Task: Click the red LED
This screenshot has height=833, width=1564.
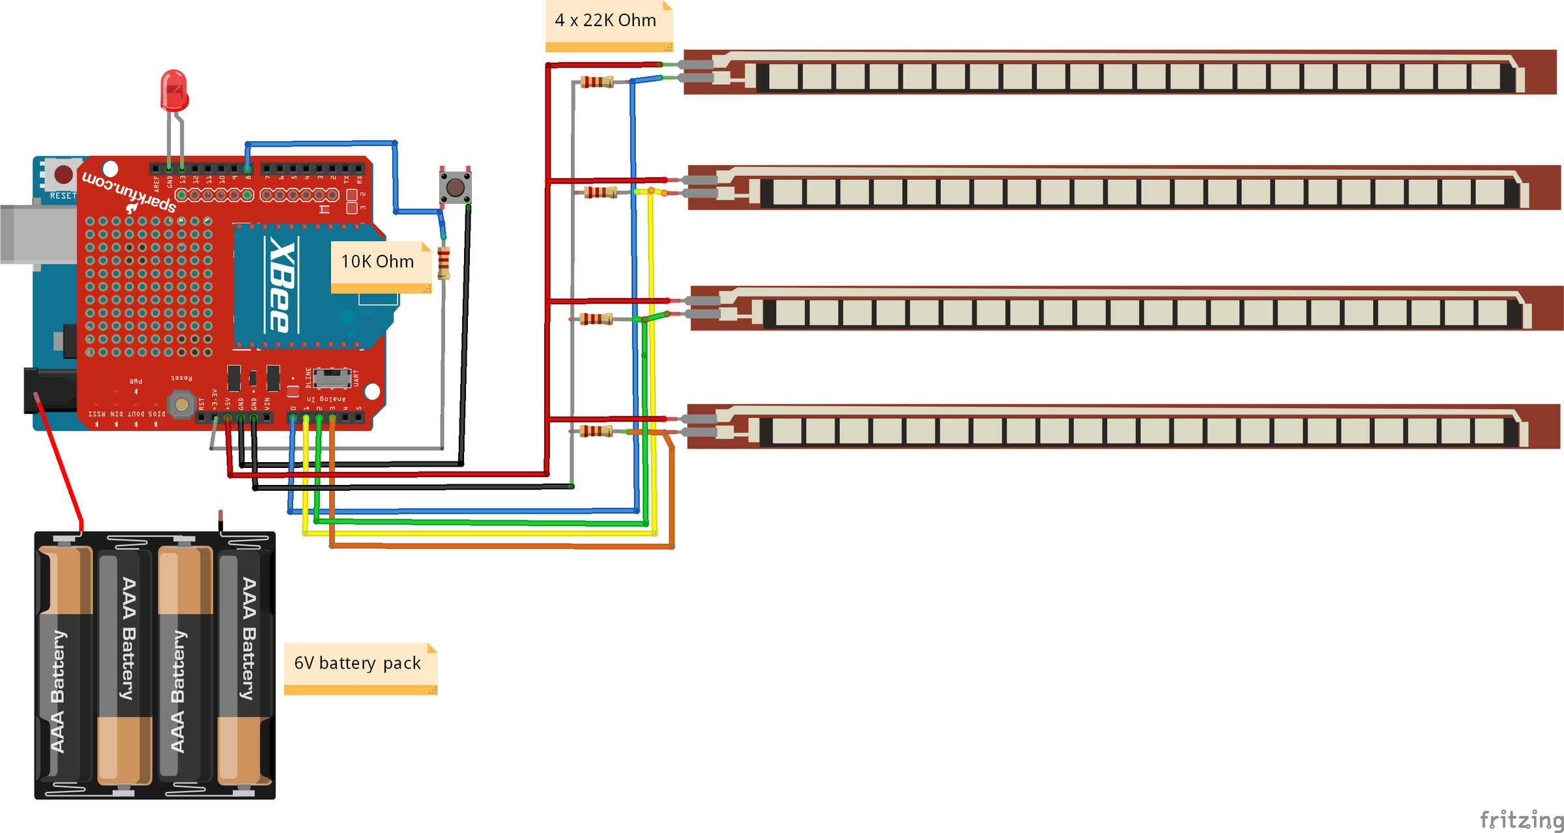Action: pos(174,91)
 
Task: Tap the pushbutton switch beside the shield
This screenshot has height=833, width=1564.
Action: pos(455,188)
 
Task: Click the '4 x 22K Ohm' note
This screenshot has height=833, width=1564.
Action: pos(606,21)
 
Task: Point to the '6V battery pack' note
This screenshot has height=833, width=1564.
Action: pos(358,664)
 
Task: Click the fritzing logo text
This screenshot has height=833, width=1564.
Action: pos(1520,819)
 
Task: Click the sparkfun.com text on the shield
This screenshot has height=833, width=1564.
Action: pos(128,191)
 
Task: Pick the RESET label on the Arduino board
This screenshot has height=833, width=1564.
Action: pos(63,196)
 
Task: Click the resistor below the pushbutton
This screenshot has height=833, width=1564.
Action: pos(444,263)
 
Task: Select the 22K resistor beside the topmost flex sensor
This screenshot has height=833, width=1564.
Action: pos(597,82)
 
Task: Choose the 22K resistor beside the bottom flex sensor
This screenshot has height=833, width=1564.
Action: pos(596,431)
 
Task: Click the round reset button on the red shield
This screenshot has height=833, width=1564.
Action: pos(182,405)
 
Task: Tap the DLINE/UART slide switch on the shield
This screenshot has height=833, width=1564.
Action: pos(332,377)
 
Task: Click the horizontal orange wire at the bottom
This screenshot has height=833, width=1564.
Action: pos(502,546)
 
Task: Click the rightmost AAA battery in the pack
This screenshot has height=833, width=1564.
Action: pos(245,665)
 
